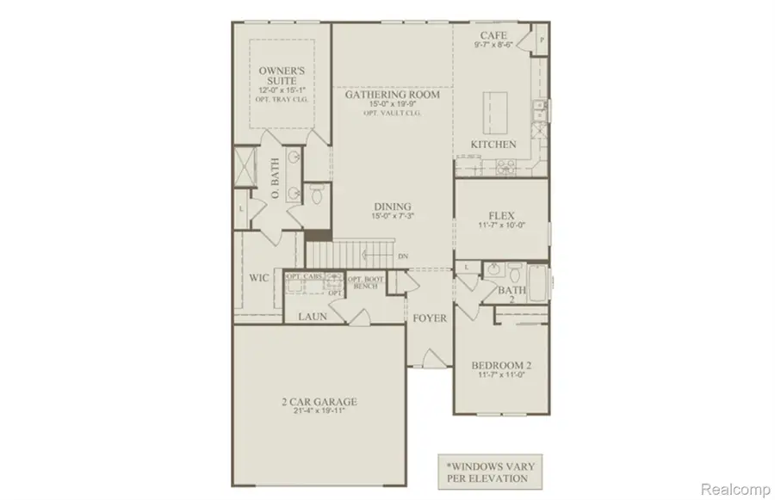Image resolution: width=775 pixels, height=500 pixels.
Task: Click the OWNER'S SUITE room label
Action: (282, 74)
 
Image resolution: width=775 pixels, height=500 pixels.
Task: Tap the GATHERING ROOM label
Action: (392, 95)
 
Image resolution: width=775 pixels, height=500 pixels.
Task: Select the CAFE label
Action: (492, 35)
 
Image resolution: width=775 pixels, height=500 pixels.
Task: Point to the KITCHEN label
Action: (493, 145)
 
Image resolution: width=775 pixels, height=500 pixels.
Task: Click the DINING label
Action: (392, 207)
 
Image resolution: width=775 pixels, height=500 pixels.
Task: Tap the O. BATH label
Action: (275, 183)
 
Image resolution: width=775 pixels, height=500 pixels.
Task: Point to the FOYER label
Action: (430, 318)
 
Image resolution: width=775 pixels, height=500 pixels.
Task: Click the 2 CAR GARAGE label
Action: (318, 402)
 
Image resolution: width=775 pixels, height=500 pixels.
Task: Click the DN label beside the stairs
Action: (403, 256)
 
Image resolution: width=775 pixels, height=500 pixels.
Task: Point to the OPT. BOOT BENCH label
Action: (365, 281)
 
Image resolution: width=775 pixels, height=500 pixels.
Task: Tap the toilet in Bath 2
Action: (513, 275)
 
